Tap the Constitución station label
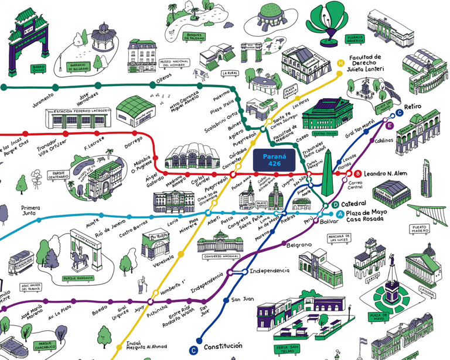pyautogui.click(x=223, y=347)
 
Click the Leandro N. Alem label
pyautogui.click(x=386, y=174)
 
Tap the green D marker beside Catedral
pyautogui.click(x=336, y=204)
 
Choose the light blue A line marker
pyautogui.click(x=340, y=214)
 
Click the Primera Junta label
pyautogui.click(x=35, y=211)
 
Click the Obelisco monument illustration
pyautogui.click(x=328, y=170)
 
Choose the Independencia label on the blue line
pyautogui.click(x=269, y=271)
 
